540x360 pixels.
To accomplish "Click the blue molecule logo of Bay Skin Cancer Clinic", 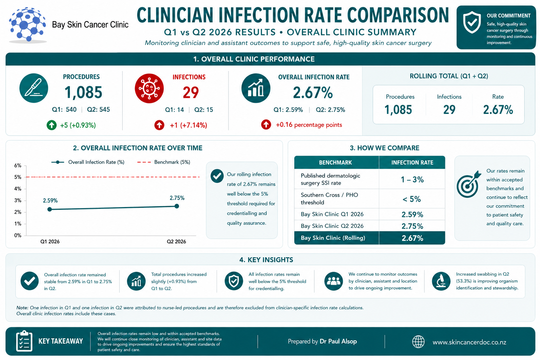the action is tap(27, 25).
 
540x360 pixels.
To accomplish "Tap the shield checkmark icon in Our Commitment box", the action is tap(472, 22).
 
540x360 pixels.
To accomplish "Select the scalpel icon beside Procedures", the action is tap(34, 88).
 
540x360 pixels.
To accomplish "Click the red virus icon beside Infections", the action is tap(149, 88).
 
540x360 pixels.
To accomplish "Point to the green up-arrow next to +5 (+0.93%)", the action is tap(52, 125).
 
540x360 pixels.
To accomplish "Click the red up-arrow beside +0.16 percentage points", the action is tap(266, 124).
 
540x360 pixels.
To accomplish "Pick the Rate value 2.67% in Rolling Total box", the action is tap(498, 110).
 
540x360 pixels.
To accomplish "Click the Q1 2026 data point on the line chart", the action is tap(50, 209).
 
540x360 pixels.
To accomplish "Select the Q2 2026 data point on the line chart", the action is tap(177, 206).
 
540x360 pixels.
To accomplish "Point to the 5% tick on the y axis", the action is tap(18, 177).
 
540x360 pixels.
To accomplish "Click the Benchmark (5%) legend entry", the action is tap(164, 162).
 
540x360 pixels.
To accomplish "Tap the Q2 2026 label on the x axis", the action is tap(176, 242).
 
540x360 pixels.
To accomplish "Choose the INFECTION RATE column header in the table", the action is tap(412, 162).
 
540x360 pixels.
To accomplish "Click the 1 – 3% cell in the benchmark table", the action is tap(412, 179).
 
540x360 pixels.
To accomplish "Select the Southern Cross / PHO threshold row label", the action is tap(329, 198).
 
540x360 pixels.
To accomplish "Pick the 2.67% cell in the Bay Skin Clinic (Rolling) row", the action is tap(412, 238).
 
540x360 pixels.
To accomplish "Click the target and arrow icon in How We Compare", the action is tap(469, 184).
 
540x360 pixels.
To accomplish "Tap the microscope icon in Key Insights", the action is tap(441, 281).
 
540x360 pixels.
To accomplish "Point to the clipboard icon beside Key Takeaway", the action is tap(24, 341).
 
